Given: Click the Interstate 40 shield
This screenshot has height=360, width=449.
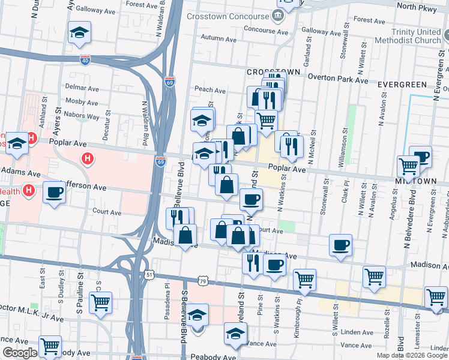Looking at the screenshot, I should click(x=85, y=60).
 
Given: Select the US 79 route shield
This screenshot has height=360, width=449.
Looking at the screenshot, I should click(x=203, y=281).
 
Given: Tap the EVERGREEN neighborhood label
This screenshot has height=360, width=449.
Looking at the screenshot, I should click(x=402, y=85).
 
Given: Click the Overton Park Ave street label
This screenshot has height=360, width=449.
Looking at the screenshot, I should click(x=338, y=78).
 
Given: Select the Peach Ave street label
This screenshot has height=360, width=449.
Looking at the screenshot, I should click(x=209, y=91).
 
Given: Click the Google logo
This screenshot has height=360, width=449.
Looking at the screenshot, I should click(x=19, y=353).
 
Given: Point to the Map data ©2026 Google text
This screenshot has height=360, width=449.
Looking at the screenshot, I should click(x=412, y=355).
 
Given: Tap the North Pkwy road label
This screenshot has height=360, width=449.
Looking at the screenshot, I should click(x=423, y=7).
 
